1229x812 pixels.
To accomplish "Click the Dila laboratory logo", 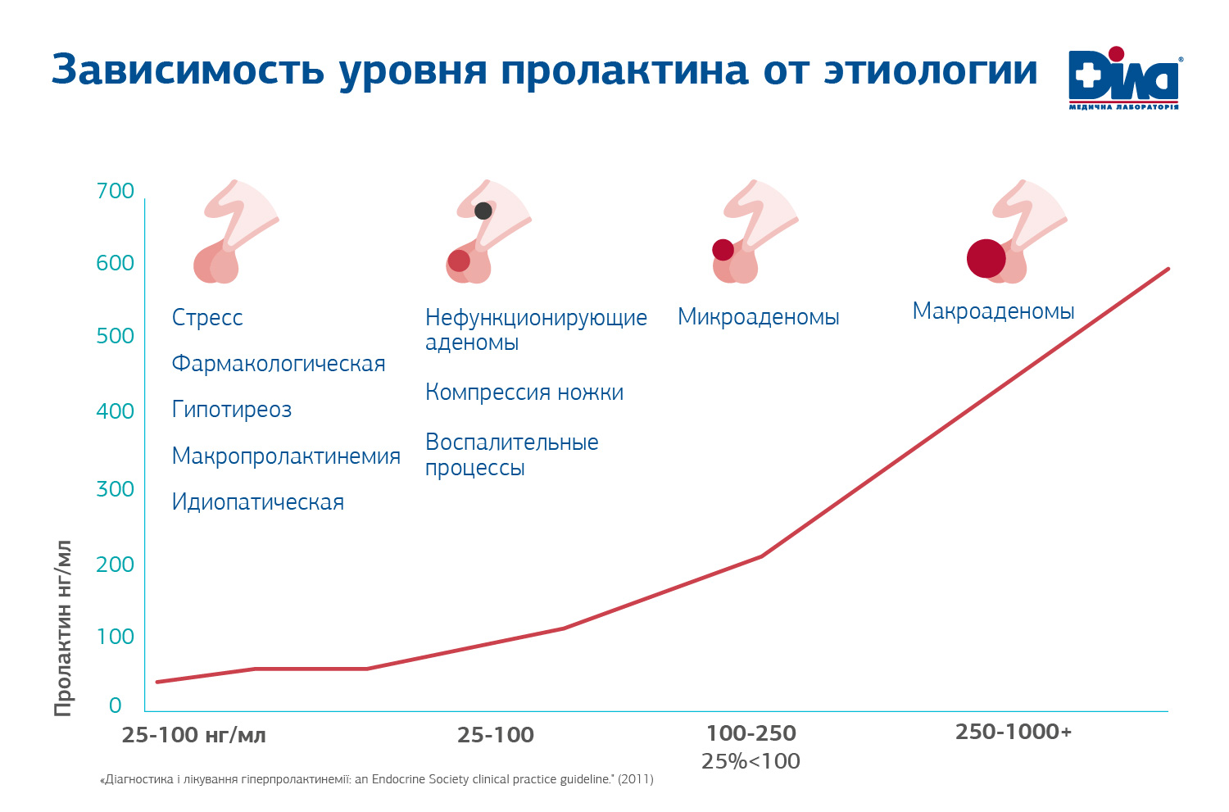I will point(1124,79).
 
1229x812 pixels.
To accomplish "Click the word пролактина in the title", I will point(624,70).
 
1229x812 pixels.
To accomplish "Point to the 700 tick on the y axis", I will point(116,191).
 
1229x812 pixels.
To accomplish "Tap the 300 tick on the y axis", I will point(116,489).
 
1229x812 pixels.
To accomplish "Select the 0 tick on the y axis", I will point(116,705).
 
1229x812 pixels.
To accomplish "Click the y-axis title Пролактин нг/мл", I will point(63,628).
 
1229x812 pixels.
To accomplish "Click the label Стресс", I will point(207,318).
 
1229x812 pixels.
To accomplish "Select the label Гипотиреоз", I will point(232,410).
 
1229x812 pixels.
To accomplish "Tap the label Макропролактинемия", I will point(286,456).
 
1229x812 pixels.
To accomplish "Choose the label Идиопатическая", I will point(258,502).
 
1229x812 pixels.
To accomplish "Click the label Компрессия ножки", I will point(524,392).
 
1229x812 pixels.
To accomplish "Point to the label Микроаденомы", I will point(758,317).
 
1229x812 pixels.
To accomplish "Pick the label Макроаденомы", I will point(993,311).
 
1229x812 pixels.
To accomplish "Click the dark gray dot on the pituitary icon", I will point(483,211).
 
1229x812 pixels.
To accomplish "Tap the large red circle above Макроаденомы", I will point(986,259).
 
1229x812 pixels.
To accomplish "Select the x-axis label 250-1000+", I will point(1014,732).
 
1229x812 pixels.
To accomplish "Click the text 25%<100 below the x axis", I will point(751,761).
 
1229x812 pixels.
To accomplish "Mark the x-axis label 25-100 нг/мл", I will point(194,735).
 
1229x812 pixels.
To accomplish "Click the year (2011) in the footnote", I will point(636,779).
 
